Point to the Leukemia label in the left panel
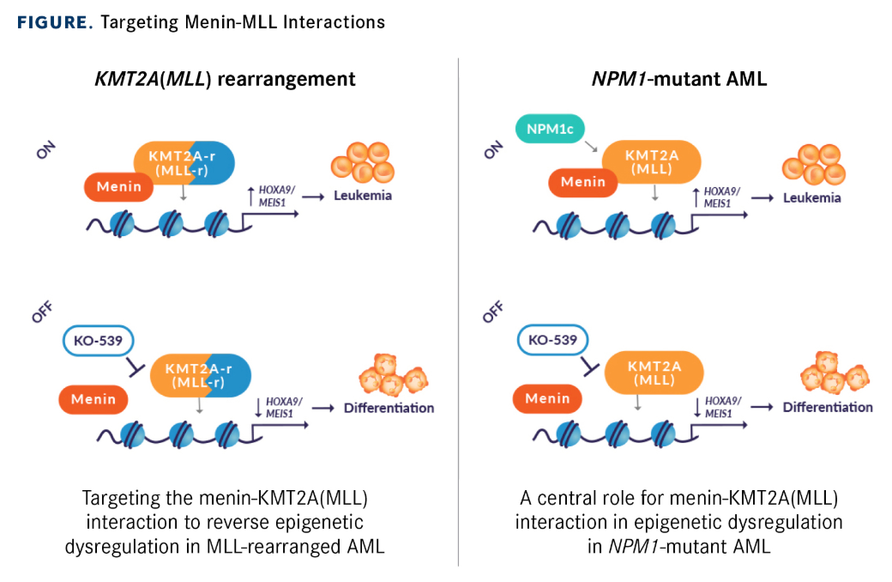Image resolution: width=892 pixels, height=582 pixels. click(363, 196)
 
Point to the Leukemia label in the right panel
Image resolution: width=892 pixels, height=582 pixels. click(812, 197)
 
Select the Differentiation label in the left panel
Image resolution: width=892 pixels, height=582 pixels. click(389, 408)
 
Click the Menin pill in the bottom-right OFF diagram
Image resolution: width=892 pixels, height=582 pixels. click(547, 397)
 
